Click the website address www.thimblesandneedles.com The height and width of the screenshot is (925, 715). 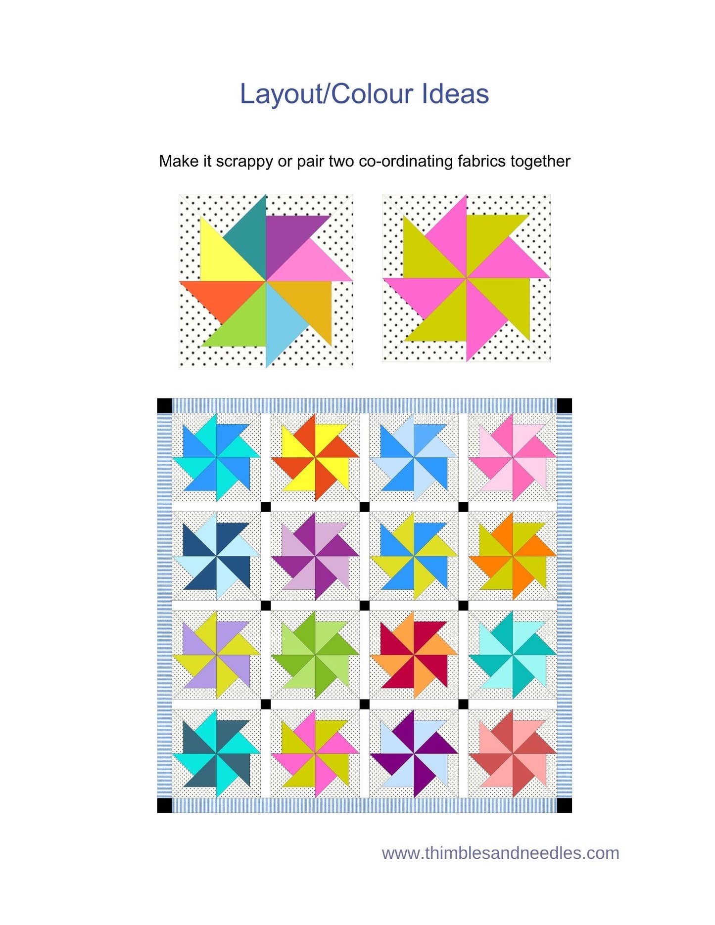(x=500, y=853)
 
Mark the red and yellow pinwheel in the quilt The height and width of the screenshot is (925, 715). (x=315, y=457)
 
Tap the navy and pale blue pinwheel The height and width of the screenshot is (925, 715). (x=216, y=556)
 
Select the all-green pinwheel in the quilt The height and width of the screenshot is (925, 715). (x=315, y=655)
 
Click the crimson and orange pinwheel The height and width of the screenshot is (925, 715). (x=414, y=655)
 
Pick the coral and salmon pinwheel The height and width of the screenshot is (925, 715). (x=513, y=754)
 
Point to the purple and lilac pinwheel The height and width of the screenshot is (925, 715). (x=315, y=556)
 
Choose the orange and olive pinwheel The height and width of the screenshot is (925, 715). (x=513, y=556)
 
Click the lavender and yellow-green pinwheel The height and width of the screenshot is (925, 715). (x=216, y=655)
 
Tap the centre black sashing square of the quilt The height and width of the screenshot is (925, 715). (x=365, y=606)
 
